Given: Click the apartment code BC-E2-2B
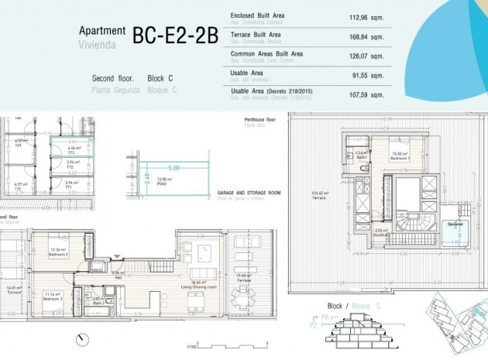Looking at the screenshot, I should point(175,36).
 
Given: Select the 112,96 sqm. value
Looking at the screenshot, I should point(366,17).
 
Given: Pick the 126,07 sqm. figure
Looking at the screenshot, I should point(366,56).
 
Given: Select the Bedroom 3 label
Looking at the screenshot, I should point(53,296).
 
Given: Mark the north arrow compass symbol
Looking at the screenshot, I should point(81,338).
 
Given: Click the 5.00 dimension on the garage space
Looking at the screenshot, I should point(174,167).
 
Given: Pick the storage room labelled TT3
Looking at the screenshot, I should point(70,151).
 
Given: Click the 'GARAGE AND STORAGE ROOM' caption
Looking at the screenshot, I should point(249,193).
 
